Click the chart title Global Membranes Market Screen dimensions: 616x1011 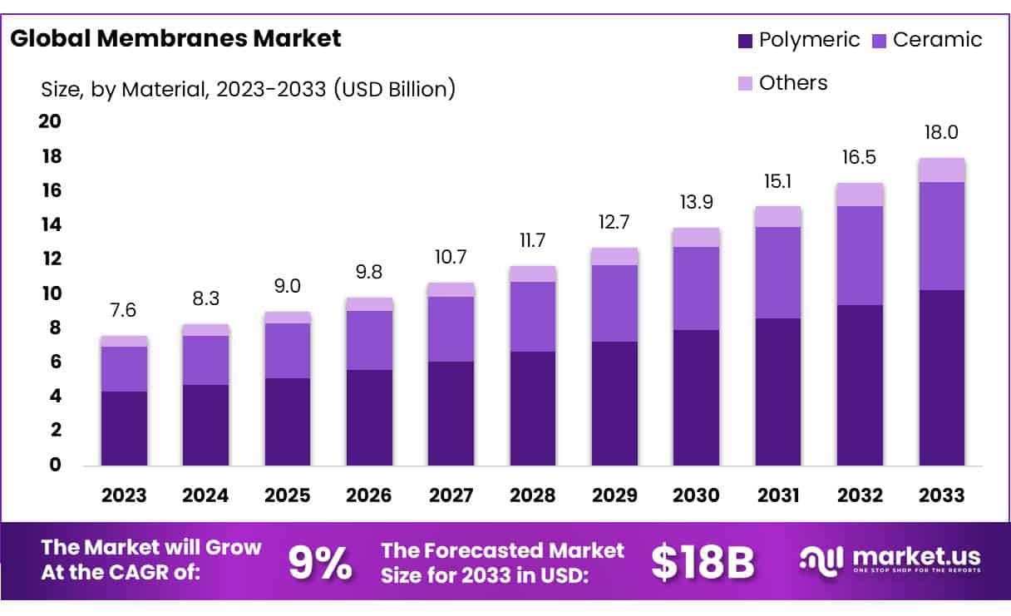click(x=175, y=38)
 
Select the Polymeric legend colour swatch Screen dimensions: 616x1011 click(x=744, y=40)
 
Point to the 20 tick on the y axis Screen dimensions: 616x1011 click(x=51, y=121)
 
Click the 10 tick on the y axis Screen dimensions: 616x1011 click(x=51, y=293)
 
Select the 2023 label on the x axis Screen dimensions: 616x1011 click(x=124, y=495)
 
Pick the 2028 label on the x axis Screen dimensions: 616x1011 click(x=533, y=495)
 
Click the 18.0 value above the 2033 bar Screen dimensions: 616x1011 click(x=941, y=132)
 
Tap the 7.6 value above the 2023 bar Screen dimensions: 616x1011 click(x=124, y=311)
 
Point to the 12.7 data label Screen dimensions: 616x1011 click(x=614, y=223)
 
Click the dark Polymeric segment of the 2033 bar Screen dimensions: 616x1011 click(x=941, y=378)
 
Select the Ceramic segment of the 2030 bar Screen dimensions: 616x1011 click(x=696, y=288)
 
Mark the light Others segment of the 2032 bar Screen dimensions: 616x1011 click(x=860, y=195)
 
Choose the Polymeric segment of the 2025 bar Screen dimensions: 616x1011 click(x=287, y=421)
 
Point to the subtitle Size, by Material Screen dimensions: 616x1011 click(x=248, y=89)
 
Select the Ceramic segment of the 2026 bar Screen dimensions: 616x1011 click(x=369, y=340)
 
